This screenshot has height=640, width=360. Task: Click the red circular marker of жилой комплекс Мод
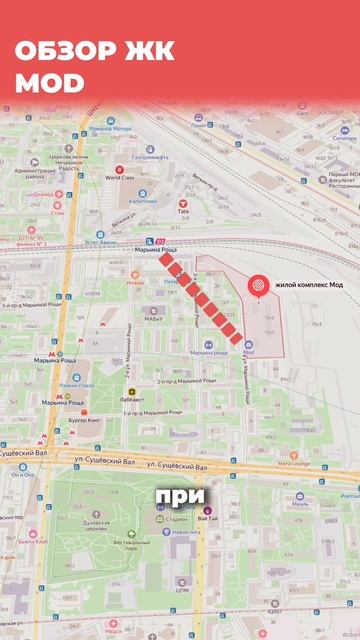[x=257, y=286]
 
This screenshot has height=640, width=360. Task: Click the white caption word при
[x=179, y=495]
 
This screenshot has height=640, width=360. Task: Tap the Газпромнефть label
[x=148, y=157]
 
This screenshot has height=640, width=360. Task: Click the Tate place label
[x=183, y=211]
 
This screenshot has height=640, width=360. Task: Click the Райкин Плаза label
[x=76, y=384]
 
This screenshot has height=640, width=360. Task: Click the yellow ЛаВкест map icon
[x=131, y=391]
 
